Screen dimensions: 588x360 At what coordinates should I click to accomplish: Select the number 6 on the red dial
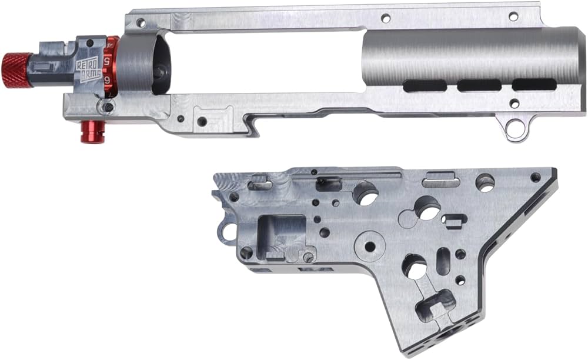click(108, 79)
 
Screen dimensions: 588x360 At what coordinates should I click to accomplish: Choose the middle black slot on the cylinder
click(479, 85)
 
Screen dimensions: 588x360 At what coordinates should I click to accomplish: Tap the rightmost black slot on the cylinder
click(534, 85)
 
